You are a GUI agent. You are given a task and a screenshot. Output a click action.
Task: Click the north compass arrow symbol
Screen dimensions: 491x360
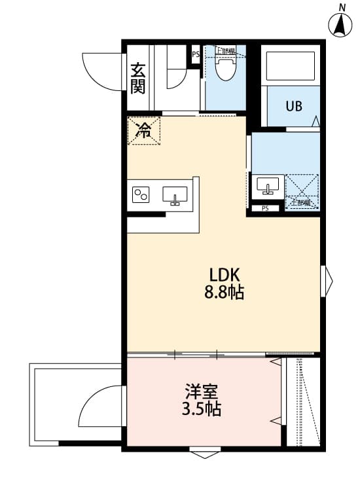(341, 24)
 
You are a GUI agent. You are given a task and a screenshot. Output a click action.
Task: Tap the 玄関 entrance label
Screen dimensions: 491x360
(137, 78)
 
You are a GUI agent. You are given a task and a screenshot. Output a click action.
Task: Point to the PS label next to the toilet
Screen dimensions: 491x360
(196, 55)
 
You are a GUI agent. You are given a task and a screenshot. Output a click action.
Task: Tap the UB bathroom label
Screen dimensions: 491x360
(293, 105)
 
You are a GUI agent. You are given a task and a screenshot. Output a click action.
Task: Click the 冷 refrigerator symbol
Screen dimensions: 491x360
(143, 130)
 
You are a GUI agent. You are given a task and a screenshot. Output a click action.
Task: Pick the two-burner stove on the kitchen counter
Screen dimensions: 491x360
(142, 194)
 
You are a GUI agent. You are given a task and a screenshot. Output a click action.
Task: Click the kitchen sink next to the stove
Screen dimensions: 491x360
(175, 195)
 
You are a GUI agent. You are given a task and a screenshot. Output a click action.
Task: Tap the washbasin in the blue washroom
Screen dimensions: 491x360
(268, 185)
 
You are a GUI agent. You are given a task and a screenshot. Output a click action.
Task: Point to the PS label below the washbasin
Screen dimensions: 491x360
(264, 209)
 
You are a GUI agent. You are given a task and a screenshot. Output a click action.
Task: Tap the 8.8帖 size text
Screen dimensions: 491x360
(224, 292)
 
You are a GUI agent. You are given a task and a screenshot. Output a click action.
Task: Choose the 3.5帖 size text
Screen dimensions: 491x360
(201, 410)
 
